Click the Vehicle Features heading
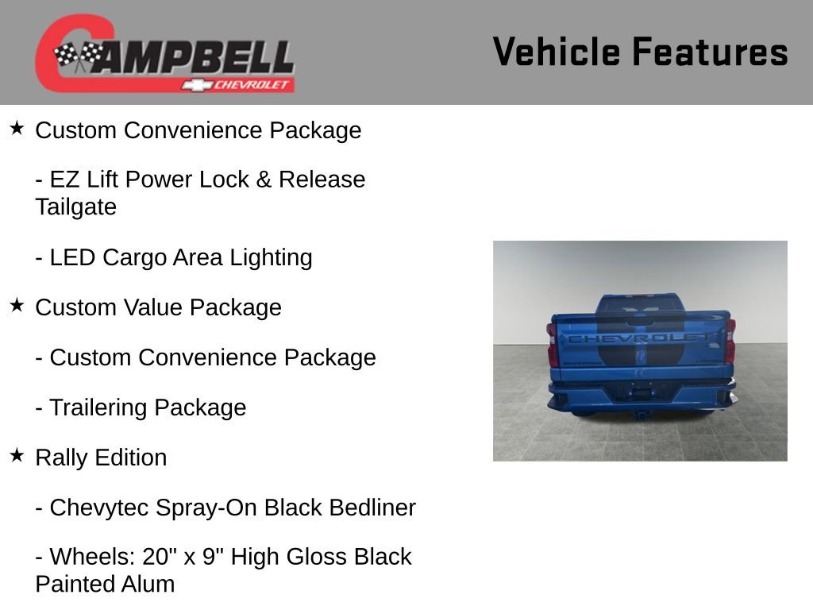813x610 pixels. tap(640, 52)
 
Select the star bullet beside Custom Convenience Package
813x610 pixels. tap(17, 128)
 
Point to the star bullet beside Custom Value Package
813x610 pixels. tap(17, 305)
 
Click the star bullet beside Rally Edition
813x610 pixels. tap(17, 455)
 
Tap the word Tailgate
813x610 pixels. tap(75, 207)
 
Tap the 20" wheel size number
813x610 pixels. tap(159, 557)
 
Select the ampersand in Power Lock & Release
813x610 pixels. tap(264, 180)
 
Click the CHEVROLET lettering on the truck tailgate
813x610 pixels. tap(639, 338)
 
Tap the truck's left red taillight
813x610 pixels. tap(553, 343)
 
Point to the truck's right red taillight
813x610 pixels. tap(730, 341)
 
